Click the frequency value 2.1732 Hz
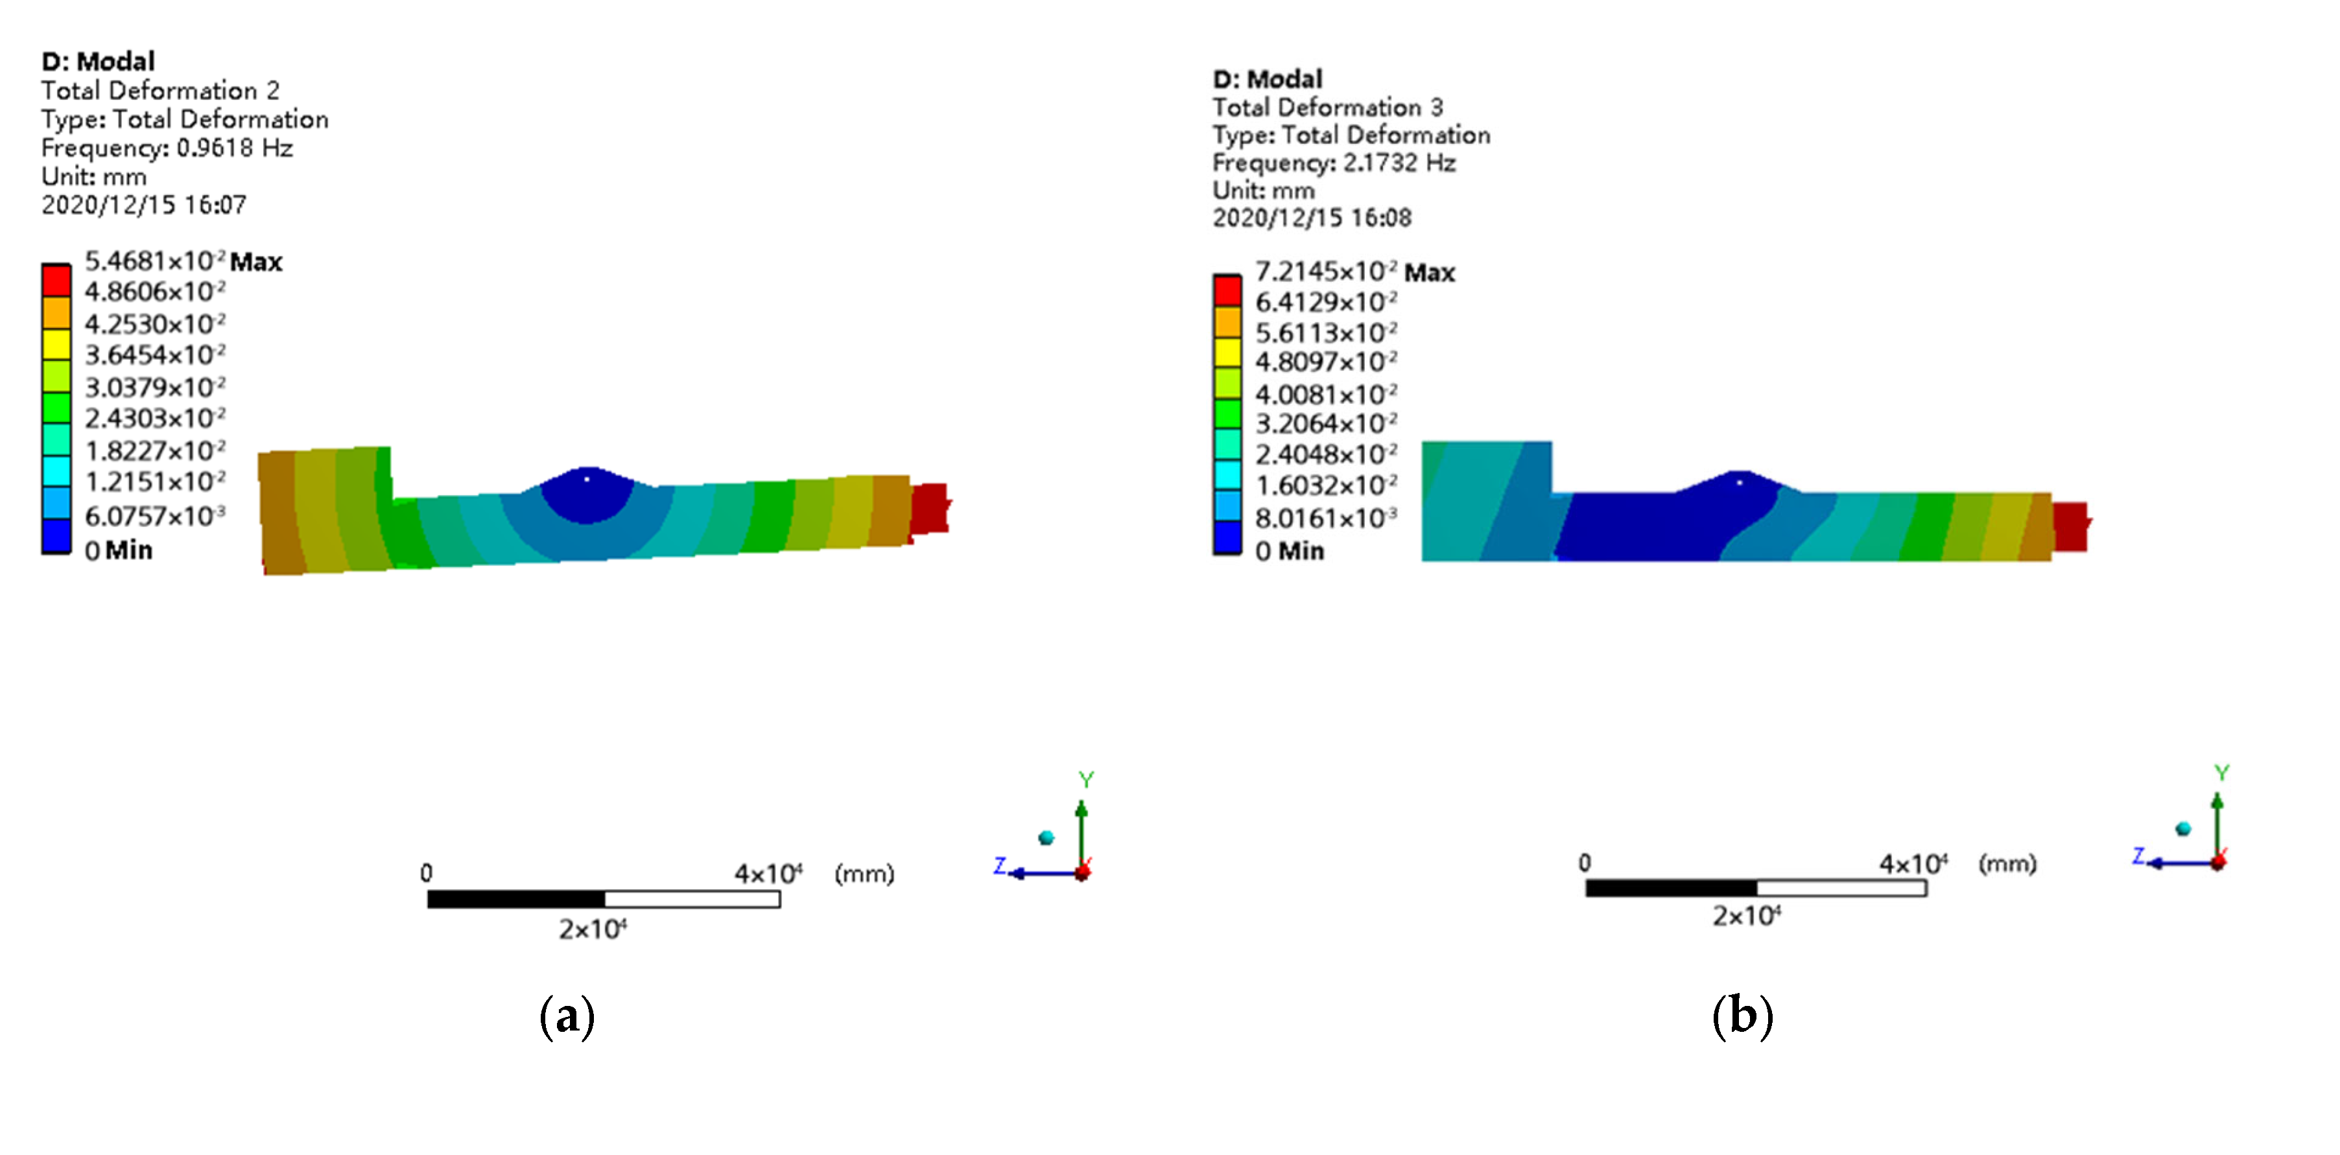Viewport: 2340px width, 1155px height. point(1399,163)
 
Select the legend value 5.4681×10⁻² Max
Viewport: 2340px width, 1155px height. point(183,261)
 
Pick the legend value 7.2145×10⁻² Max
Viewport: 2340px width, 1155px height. point(1354,272)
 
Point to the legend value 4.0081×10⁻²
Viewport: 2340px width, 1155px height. point(1326,394)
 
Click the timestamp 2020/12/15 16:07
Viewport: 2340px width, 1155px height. point(143,205)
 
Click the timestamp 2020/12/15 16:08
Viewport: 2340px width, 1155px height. point(1312,218)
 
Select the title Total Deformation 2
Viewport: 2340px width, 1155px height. point(160,91)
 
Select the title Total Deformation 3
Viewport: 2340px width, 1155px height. point(1327,107)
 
